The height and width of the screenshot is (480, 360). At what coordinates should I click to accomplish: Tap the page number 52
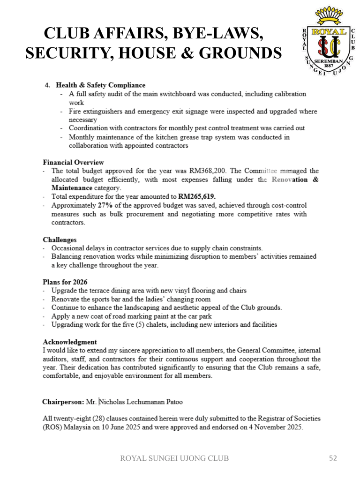point(333,458)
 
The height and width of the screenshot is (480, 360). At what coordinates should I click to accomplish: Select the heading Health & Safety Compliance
point(101,85)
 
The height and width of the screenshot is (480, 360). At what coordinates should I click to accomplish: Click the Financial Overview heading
point(74,162)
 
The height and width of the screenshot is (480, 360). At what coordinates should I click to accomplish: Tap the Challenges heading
point(60,240)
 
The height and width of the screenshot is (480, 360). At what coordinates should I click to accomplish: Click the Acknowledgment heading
point(70,342)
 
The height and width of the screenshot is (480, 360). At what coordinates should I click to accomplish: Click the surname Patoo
point(172,402)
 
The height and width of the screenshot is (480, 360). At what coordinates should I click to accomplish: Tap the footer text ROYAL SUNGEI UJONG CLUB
point(175,458)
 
